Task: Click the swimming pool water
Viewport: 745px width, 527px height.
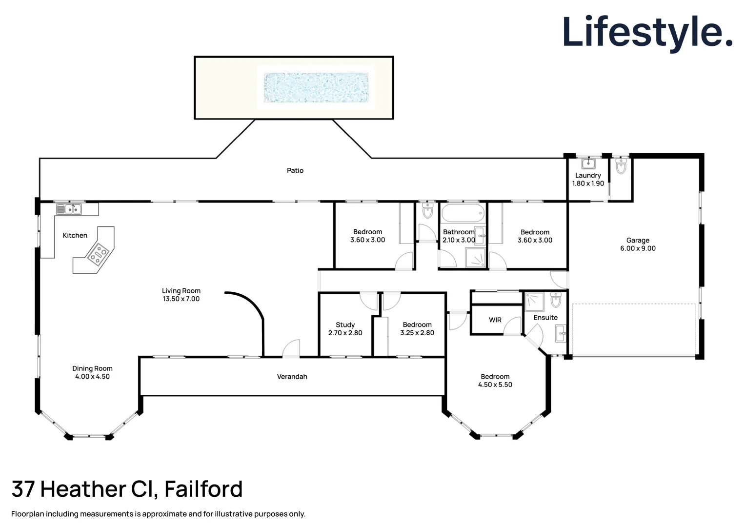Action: coord(316,88)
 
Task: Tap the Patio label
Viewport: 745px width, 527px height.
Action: coord(295,170)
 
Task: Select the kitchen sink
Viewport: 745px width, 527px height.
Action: coord(69,210)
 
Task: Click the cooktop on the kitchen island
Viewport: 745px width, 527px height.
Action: coord(98,254)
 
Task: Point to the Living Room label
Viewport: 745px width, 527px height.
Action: coord(181,291)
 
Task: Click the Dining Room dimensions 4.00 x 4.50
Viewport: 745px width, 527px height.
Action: coord(92,377)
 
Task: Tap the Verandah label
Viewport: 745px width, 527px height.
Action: coord(292,377)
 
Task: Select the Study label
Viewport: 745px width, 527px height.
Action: coord(345,325)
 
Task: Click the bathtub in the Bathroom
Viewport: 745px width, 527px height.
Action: coord(463,214)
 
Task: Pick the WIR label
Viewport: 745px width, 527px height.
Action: coord(495,320)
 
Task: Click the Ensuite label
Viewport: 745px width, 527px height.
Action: coord(545,318)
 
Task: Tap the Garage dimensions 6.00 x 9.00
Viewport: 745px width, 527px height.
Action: coord(638,248)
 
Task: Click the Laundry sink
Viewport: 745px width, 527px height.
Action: coord(588,163)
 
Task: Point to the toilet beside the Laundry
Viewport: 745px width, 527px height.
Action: coord(621,166)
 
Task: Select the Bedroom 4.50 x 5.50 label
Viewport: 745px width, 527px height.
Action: coord(495,377)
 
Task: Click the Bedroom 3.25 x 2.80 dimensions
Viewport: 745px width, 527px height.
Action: coord(417,333)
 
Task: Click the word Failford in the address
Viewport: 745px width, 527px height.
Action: coord(203,489)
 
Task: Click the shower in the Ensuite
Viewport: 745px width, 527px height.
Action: coord(534,302)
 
